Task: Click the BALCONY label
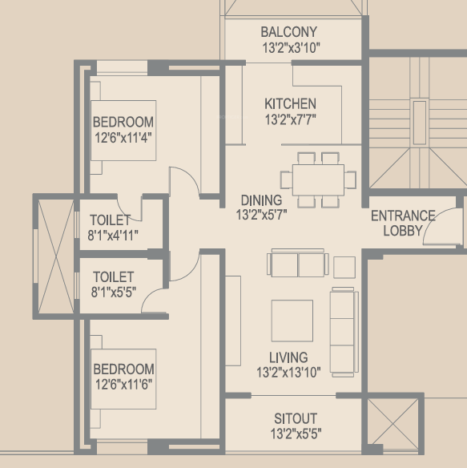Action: pyautogui.click(x=289, y=32)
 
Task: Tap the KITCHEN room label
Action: pyautogui.click(x=290, y=103)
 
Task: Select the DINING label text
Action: pyautogui.click(x=261, y=200)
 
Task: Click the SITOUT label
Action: pyautogui.click(x=295, y=419)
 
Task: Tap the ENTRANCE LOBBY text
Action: pyautogui.click(x=402, y=223)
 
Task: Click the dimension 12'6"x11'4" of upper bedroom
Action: pyautogui.click(x=123, y=136)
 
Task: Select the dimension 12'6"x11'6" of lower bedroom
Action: pyautogui.click(x=123, y=383)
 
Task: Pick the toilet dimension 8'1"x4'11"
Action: pyautogui.click(x=114, y=235)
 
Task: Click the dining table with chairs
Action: pyautogui.click(x=318, y=178)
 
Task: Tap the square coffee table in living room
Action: pyautogui.click(x=292, y=321)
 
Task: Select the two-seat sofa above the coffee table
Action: pyautogui.click(x=298, y=264)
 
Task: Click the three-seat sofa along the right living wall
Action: pyautogui.click(x=343, y=331)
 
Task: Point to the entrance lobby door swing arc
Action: pyautogui.click(x=439, y=229)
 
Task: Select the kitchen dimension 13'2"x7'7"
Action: pyautogui.click(x=289, y=120)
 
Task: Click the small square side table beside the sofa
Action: pyautogui.click(x=344, y=267)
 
